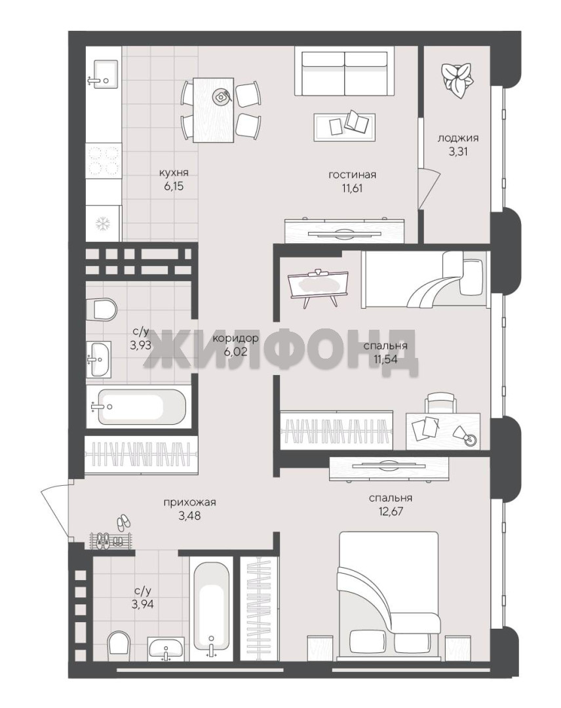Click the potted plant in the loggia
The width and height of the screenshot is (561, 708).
[x=457, y=81]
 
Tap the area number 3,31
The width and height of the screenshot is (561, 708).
[x=457, y=151]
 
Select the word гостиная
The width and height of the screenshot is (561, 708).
[x=352, y=175]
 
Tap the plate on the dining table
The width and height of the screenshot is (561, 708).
[x=222, y=96]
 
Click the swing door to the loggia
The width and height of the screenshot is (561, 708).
[x=428, y=188]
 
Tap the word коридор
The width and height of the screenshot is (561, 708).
[x=235, y=338]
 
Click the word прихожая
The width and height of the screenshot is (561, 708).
[x=189, y=502]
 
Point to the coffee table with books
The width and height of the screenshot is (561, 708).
[x=345, y=123]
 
